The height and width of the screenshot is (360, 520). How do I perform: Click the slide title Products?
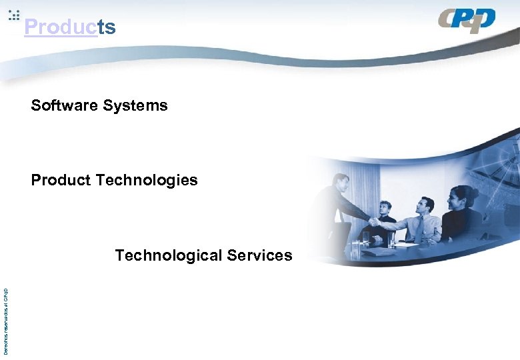(x=69, y=27)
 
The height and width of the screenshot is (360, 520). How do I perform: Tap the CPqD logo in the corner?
(x=467, y=21)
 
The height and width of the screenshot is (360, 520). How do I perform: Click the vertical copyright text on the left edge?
(x=5, y=321)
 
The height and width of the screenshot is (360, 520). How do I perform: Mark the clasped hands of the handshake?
(x=375, y=221)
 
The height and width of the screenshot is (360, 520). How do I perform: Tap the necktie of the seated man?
(x=420, y=229)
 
